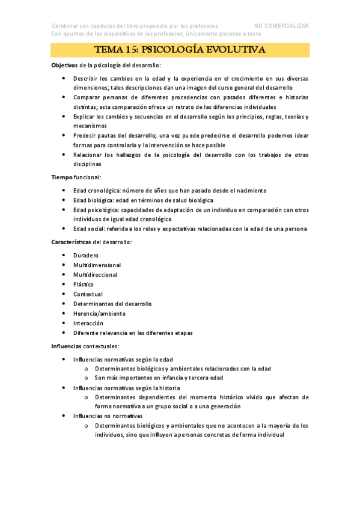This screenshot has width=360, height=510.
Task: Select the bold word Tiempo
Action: pos(63,177)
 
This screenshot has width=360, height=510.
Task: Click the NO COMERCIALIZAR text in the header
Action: pos(281,26)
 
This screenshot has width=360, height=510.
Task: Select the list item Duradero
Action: pos(86,255)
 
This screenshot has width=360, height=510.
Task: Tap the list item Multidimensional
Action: pos(97,265)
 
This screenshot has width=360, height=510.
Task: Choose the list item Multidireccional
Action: pos(95,274)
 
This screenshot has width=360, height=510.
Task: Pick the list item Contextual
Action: pos(88,293)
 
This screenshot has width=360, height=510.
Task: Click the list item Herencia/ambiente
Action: pos(99,313)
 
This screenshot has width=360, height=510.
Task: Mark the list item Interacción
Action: pos(88,323)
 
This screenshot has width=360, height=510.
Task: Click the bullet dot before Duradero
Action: pos(64,255)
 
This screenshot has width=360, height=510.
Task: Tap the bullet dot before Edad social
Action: pos(64,229)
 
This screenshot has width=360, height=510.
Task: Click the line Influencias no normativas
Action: pos(108,416)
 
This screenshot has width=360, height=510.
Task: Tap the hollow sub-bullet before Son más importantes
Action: pos(87,378)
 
